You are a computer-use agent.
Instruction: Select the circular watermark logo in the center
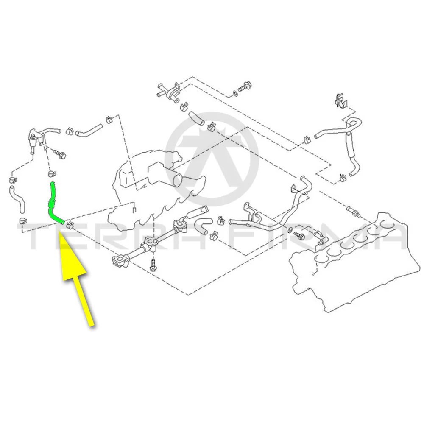[212, 159]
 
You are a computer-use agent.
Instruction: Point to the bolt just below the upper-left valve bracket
[59, 155]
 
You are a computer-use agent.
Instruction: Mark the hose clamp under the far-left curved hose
[23, 220]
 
